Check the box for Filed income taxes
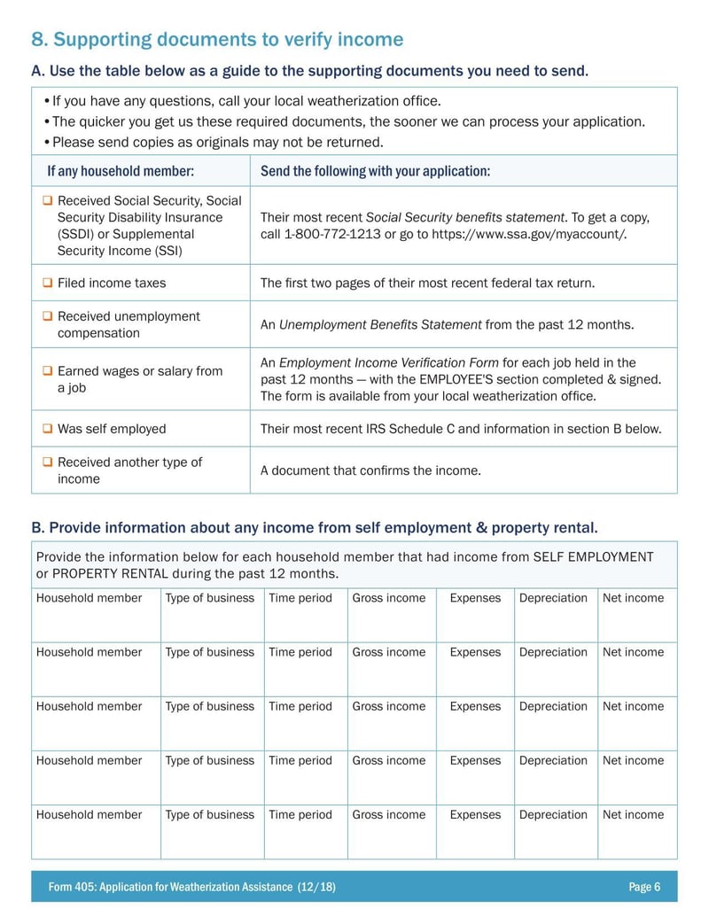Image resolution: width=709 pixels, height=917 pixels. coord(48,284)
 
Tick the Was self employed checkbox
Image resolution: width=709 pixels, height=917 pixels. coord(48,429)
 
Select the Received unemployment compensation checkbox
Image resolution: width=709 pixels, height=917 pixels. coord(48,316)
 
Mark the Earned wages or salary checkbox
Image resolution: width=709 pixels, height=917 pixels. coord(48,371)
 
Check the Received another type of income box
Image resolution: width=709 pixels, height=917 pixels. coord(48,462)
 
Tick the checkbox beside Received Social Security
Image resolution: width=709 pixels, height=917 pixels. coord(48,201)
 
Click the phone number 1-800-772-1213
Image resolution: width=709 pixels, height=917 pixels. coord(331,235)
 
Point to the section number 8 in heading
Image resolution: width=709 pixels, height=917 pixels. coord(38,40)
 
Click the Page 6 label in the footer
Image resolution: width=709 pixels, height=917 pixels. coord(644,887)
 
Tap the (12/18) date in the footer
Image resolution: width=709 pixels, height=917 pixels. coord(316,887)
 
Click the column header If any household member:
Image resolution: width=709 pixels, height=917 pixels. coord(121,171)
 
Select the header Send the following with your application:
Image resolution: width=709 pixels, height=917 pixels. coord(375,171)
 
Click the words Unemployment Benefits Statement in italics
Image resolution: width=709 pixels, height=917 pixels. coord(380,325)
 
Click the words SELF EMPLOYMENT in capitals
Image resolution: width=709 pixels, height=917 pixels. coord(593,557)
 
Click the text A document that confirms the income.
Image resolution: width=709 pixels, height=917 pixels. coord(370,470)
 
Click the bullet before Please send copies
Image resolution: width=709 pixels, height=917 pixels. coord(46,143)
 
